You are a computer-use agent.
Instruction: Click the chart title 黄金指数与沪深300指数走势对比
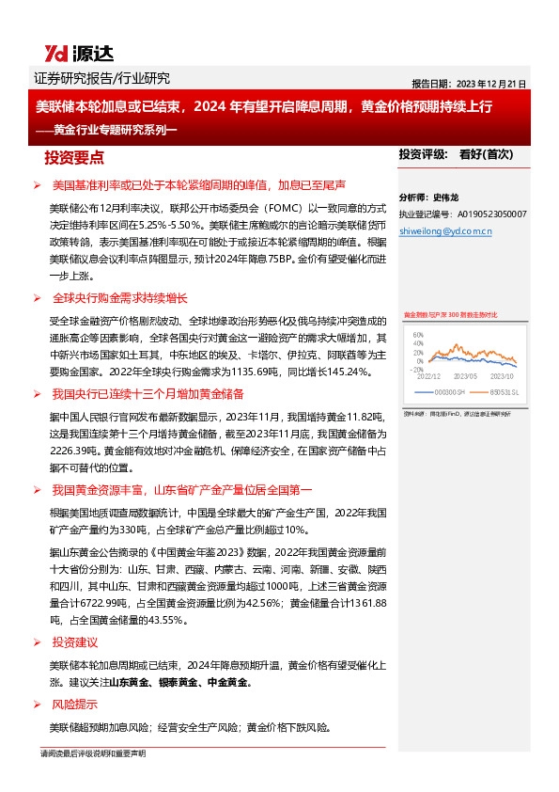point(450,314)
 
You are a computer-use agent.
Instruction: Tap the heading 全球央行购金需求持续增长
point(119,298)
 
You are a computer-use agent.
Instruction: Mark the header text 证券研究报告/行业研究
point(101,78)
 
